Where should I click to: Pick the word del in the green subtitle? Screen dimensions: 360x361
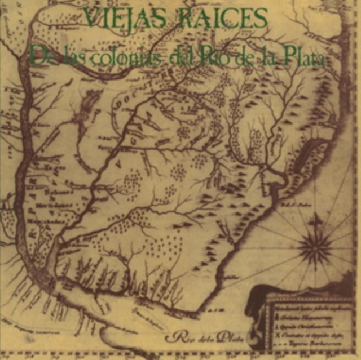click(177, 56)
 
